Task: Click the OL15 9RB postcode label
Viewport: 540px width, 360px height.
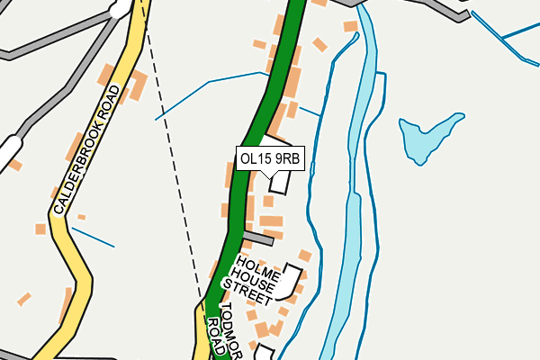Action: [x=269, y=158]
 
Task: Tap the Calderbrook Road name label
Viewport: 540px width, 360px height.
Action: [x=85, y=149]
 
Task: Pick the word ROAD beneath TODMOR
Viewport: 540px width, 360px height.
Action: [x=212, y=338]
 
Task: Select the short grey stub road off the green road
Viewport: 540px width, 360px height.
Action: [x=258, y=238]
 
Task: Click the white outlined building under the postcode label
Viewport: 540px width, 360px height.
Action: [x=280, y=180]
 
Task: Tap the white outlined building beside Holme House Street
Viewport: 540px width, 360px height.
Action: [x=289, y=281]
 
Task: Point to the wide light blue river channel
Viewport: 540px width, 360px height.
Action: [x=346, y=225]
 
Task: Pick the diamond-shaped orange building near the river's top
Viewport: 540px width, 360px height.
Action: [x=319, y=44]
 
